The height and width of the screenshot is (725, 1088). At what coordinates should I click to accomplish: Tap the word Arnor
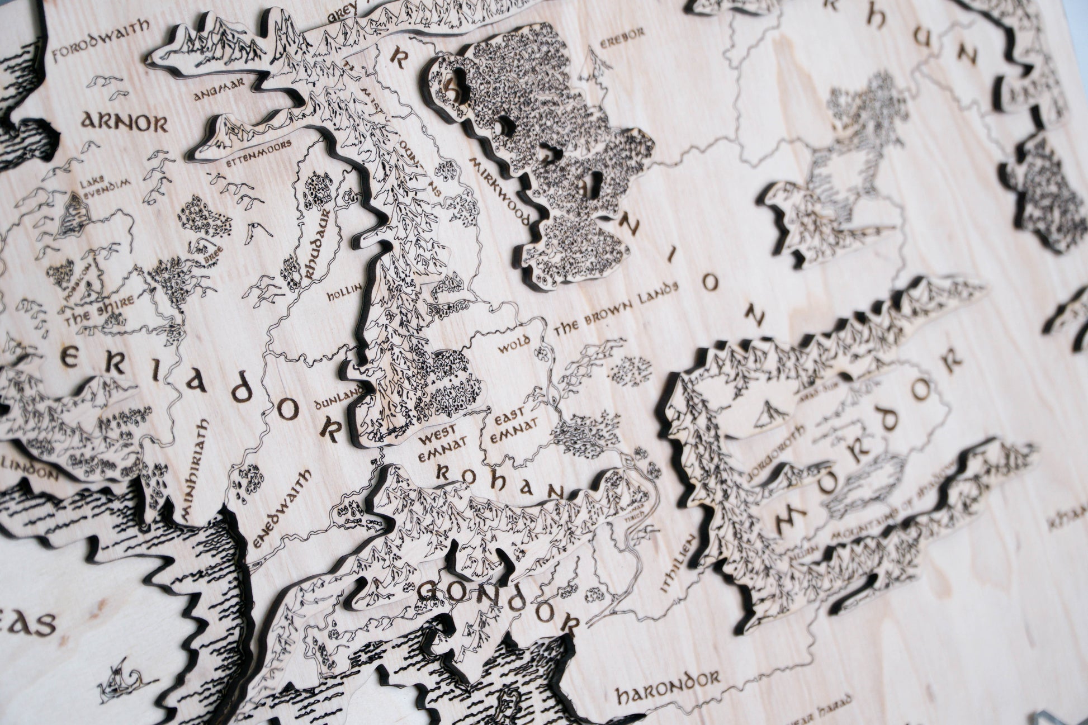click(124, 122)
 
